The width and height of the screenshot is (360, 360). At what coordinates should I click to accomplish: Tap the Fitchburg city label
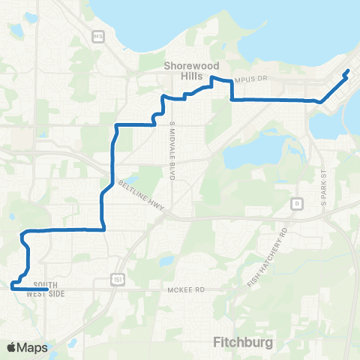[x=240, y=343]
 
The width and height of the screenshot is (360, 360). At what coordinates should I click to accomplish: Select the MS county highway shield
[x=97, y=35]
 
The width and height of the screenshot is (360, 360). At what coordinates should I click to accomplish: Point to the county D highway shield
[x=297, y=203]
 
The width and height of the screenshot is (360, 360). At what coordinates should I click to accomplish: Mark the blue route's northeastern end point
[x=348, y=72]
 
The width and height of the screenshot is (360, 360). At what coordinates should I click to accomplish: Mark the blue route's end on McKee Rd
[x=46, y=288]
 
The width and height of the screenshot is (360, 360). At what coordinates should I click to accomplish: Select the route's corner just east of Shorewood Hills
[x=231, y=98]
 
